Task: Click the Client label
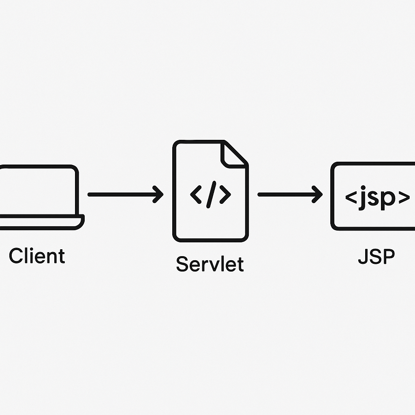pyautogui.click(x=37, y=256)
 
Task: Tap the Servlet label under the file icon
pyautogui.click(x=210, y=264)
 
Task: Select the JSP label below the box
pyautogui.click(x=376, y=257)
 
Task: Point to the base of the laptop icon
pyautogui.click(x=41, y=222)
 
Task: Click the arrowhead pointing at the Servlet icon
pyautogui.click(x=158, y=195)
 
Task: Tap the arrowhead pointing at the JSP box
pyautogui.click(x=318, y=195)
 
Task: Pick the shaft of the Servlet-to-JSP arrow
pyautogui.click(x=284, y=195)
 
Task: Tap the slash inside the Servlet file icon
pyautogui.click(x=210, y=195)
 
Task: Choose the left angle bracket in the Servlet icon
pyautogui.click(x=196, y=195)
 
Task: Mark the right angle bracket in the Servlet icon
pyautogui.click(x=225, y=195)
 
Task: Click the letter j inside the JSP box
pyautogui.click(x=364, y=197)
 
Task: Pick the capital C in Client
pyautogui.click(x=15, y=256)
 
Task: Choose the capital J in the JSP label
pyautogui.click(x=363, y=257)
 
